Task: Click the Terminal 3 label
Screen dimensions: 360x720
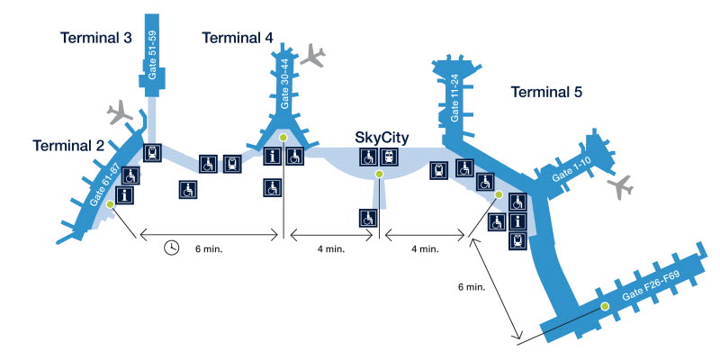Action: coord(96,38)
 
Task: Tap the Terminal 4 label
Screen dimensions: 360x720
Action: coord(238,37)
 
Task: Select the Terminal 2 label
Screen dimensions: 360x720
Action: coord(68,146)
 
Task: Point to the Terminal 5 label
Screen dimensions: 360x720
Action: coord(546,92)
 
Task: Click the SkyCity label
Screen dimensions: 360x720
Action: coord(382,138)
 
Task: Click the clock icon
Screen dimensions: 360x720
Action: coord(171,247)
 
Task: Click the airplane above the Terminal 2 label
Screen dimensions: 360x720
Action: coord(120,114)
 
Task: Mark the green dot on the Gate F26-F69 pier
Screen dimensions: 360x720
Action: coord(605,307)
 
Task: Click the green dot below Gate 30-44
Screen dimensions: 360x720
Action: coord(283,137)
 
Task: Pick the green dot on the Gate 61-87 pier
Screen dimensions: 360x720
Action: coord(110,204)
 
